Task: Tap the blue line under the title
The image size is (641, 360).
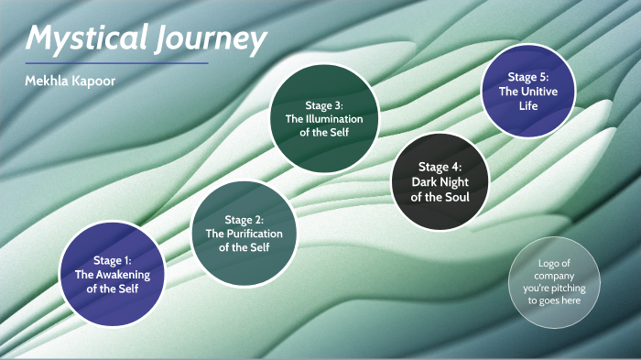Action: point(116,64)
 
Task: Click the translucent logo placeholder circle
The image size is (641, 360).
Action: point(555,282)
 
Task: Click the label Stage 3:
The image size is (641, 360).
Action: point(323,105)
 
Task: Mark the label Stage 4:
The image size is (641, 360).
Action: point(440,167)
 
